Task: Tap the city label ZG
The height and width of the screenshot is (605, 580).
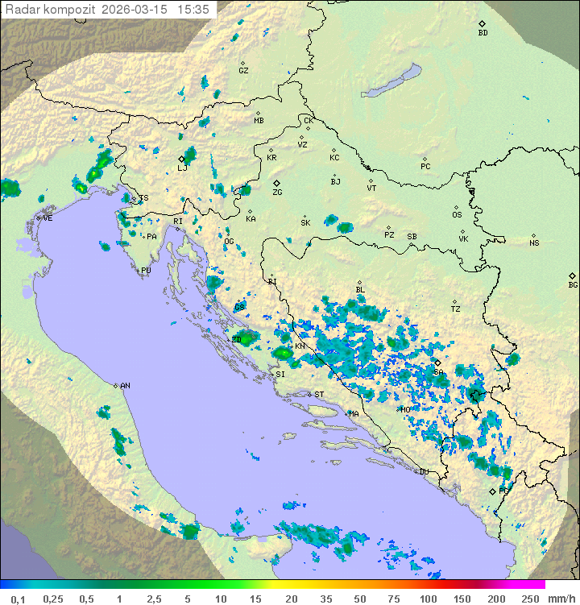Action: click(x=277, y=193)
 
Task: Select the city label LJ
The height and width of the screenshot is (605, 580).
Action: click(x=183, y=168)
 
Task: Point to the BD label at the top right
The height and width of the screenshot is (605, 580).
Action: click(x=483, y=33)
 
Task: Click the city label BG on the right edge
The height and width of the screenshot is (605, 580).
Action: click(x=573, y=284)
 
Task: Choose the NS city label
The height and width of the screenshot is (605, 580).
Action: click(x=534, y=243)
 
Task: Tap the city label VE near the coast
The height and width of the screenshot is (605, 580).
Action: click(x=48, y=218)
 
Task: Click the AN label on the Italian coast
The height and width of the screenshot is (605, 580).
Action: click(x=125, y=386)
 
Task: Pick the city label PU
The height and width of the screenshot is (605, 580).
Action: click(x=146, y=271)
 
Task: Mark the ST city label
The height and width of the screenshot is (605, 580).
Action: click(x=319, y=395)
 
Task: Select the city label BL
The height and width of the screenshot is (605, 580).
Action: click(x=360, y=289)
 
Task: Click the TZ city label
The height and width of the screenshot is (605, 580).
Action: click(x=456, y=309)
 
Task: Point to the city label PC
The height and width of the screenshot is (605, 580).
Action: click(x=425, y=167)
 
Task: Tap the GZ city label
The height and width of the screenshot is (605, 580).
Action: click(x=243, y=70)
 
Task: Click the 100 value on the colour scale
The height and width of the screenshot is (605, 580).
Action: click(x=428, y=599)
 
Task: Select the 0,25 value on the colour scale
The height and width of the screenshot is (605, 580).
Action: click(x=53, y=599)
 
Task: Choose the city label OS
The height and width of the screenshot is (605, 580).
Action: click(x=457, y=215)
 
